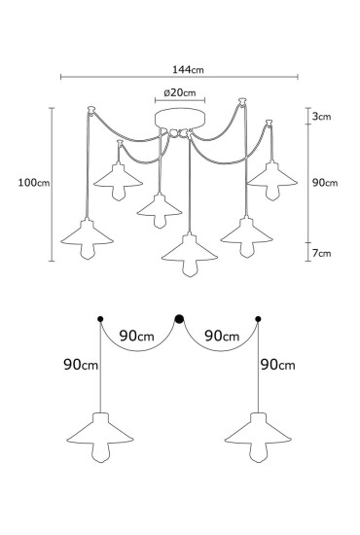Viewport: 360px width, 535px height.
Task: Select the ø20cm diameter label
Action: pyautogui.click(x=180, y=93)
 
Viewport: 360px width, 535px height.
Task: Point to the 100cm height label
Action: pyautogui.click(x=31, y=181)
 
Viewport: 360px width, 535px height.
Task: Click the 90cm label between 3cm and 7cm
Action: pyautogui.click(x=324, y=182)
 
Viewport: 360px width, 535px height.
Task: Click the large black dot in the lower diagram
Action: pyautogui.click(x=179, y=317)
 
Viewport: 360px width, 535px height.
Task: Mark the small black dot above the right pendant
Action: pyautogui.click(x=258, y=318)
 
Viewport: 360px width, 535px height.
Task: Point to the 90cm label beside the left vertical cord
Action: pyautogui.click(x=79, y=365)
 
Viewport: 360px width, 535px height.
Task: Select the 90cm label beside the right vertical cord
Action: pyautogui.click(x=280, y=365)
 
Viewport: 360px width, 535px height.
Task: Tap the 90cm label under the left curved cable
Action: pyautogui.click(x=137, y=336)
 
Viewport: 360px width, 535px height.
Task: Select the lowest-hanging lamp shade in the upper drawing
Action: pyautogui.click(x=188, y=252)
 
